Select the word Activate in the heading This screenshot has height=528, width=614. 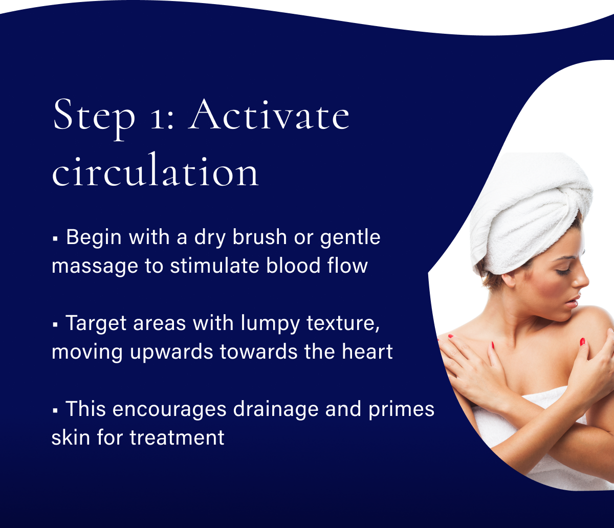coord(270,116)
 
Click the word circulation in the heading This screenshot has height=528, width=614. coord(156,171)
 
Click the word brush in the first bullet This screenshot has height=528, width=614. coord(245,238)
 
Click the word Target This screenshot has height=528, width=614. coord(96,324)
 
